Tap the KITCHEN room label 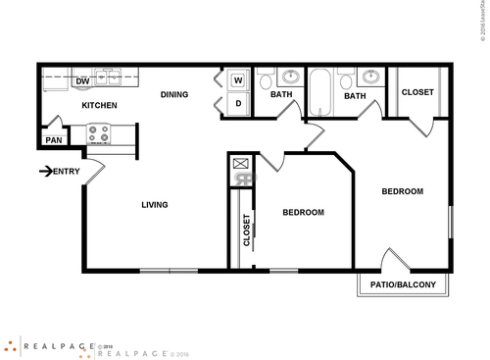99,105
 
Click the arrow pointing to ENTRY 45,172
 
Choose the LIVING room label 154,205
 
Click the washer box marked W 238,81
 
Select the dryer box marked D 238,104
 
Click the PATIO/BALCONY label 402,285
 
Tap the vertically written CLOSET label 246,230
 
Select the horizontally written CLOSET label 417,92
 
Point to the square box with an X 240,163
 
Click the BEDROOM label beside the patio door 402,191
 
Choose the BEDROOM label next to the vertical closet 303,212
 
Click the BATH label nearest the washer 281,95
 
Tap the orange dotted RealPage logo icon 12,345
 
